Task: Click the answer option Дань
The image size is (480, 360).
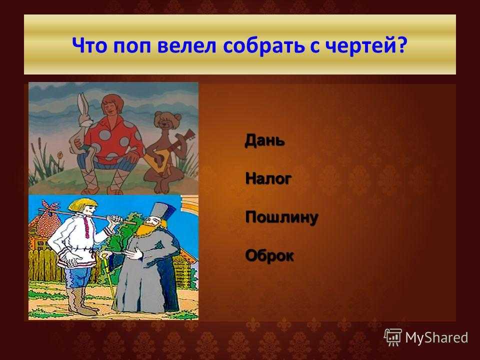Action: tap(265, 141)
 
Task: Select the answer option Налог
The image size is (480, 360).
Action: tap(268, 178)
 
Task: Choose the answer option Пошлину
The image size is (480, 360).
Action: tap(282, 217)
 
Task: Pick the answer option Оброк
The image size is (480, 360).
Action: tap(269, 255)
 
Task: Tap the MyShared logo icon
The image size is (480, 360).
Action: tap(393, 337)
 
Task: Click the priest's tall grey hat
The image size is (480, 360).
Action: tap(162, 212)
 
